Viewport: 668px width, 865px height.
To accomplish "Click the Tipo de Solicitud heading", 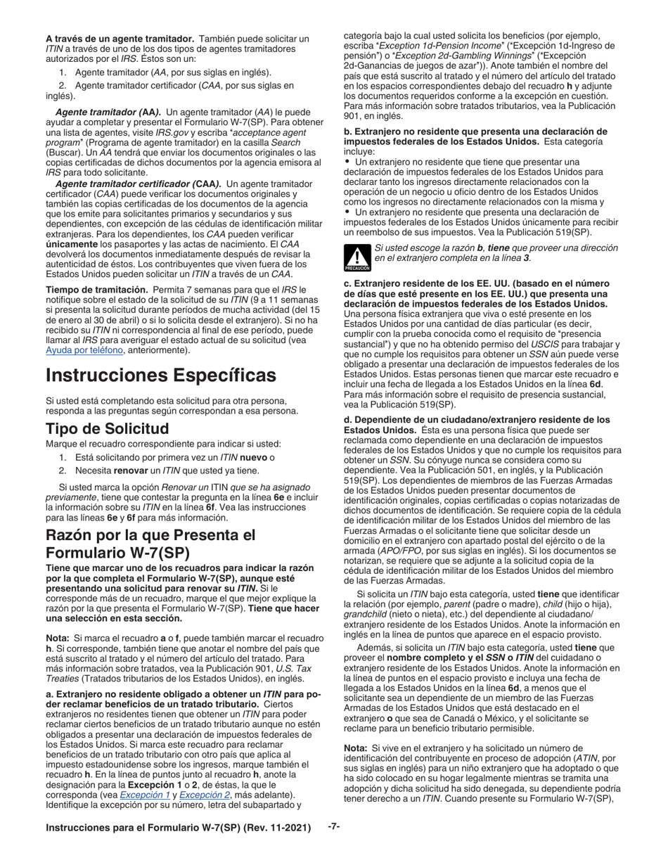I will tap(107, 428).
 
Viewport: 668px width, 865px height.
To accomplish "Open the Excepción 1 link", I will tap(143, 794).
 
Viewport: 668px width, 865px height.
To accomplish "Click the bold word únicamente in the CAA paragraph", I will tap(75, 243).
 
